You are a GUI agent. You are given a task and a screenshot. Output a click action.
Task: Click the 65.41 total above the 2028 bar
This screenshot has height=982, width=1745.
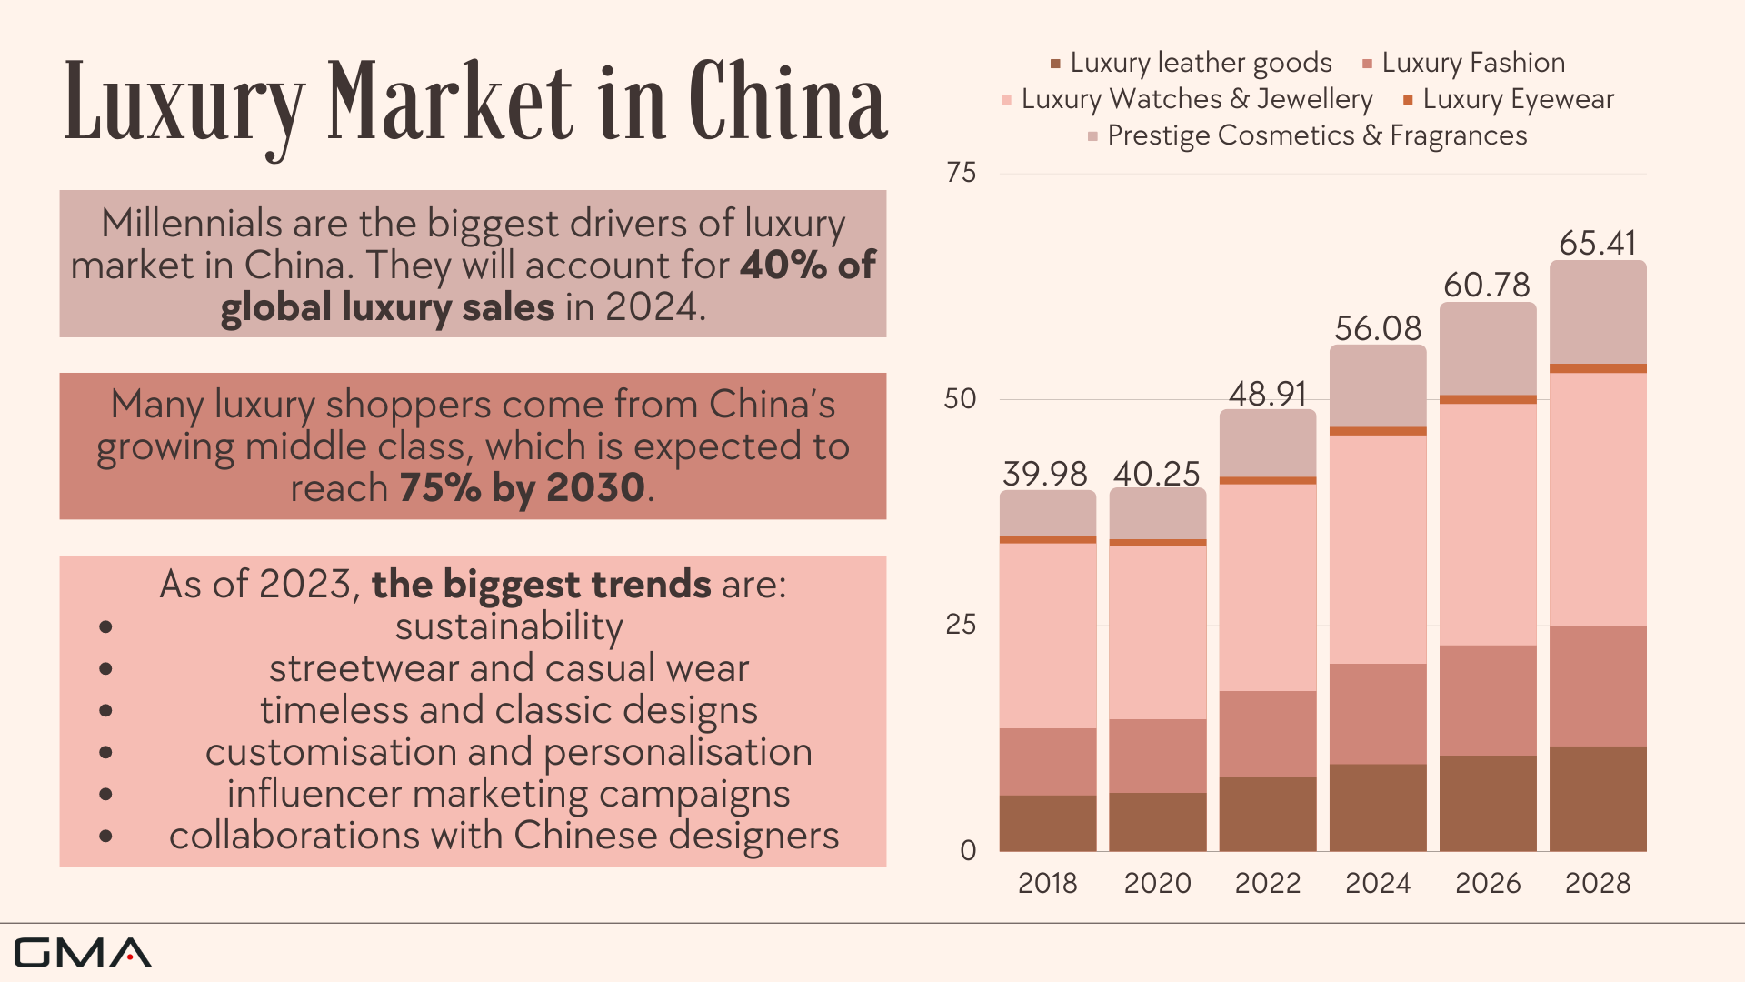click(x=1597, y=244)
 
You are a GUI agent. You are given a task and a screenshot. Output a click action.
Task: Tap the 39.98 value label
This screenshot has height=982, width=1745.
click(x=1045, y=474)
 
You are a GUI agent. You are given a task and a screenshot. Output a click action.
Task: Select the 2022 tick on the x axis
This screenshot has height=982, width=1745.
click(x=1267, y=883)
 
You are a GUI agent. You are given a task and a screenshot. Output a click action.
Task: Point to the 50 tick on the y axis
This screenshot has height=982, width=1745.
click(x=960, y=399)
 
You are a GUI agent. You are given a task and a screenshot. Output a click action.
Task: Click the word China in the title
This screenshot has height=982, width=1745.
click(x=787, y=102)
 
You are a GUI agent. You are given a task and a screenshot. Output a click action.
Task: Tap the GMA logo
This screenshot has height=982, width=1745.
click(x=82, y=953)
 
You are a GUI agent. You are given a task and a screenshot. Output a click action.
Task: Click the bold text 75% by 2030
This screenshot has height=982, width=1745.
click(x=522, y=488)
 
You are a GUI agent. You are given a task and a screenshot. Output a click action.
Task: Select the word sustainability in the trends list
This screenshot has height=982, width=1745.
click(x=509, y=626)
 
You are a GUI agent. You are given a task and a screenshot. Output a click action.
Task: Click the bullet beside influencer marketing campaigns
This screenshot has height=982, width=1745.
click(x=106, y=795)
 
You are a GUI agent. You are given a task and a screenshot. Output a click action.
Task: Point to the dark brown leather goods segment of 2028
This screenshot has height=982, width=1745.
click(x=1597, y=798)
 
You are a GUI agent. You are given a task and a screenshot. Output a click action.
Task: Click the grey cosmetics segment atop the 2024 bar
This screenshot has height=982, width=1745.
click(x=1377, y=386)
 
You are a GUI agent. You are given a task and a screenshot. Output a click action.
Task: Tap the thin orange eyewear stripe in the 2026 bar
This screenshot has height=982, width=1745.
click(x=1487, y=399)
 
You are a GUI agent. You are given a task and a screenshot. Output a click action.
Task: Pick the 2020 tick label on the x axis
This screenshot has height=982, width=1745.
click(x=1157, y=883)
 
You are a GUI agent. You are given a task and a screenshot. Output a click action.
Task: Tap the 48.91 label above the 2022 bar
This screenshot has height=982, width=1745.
click(x=1267, y=394)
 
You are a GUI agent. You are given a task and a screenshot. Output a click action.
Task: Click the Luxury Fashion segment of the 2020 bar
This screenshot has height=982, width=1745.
click(x=1157, y=756)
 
